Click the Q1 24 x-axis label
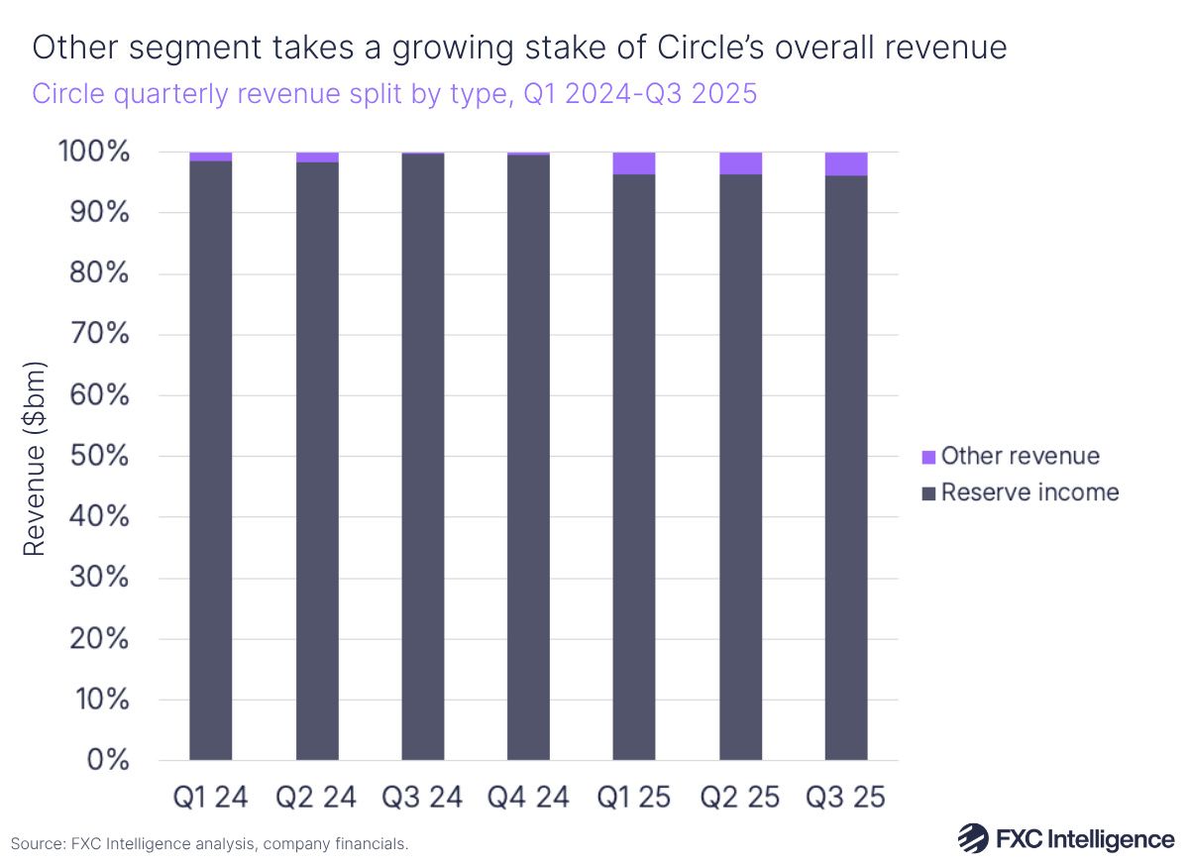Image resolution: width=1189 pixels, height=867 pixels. (x=210, y=798)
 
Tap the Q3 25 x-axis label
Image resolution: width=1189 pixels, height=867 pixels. (x=845, y=798)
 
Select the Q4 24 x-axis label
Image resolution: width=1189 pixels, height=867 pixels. (x=528, y=798)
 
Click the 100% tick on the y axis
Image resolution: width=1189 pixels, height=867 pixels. (x=94, y=153)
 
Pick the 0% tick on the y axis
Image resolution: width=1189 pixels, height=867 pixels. (x=108, y=760)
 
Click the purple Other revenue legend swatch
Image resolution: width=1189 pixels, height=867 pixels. (x=928, y=457)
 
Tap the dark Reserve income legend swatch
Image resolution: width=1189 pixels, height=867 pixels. (x=928, y=492)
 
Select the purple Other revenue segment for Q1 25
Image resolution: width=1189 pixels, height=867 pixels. (x=634, y=163)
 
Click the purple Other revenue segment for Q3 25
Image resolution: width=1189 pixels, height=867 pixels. (x=845, y=164)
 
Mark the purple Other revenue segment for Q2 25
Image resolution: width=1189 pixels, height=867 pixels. (x=740, y=163)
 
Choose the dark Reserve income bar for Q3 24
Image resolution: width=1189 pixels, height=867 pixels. (x=422, y=456)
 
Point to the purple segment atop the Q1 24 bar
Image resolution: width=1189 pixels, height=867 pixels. (x=210, y=157)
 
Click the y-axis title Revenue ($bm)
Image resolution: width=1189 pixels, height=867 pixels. (x=36, y=456)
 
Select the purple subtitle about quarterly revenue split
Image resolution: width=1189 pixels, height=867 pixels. (x=394, y=94)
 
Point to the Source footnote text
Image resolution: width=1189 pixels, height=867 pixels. (x=209, y=844)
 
